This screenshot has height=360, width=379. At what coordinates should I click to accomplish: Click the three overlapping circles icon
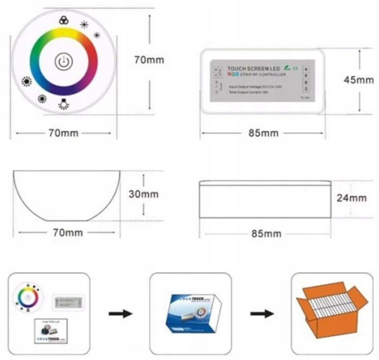click(63, 20)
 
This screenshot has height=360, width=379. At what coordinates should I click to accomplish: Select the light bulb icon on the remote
click(63, 104)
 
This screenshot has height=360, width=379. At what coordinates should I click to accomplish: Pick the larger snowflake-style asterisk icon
click(84, 25)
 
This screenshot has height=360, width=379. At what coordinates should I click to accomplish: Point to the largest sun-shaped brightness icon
click(26, 82)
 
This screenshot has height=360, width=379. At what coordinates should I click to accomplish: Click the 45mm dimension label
click(358, 80)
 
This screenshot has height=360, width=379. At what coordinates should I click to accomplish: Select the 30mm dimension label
click(143, 194)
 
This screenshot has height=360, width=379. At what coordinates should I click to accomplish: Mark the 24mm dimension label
click(352, 198)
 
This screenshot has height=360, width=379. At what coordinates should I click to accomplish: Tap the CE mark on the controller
click(296, 69)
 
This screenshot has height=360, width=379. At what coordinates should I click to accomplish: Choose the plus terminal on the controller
click(306, 70)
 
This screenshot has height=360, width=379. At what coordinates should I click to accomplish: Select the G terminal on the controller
click(306, 89)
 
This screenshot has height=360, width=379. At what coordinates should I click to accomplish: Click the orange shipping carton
click(332, 309)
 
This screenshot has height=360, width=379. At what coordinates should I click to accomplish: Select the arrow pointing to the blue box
click(120, 313)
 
